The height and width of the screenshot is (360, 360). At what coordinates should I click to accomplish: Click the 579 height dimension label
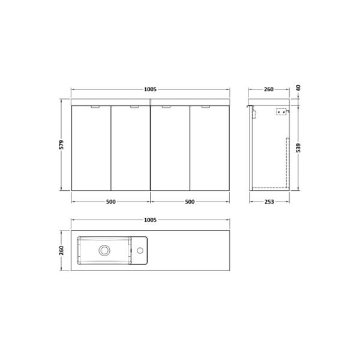click(x=61, y=145)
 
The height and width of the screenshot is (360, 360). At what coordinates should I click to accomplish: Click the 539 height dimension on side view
click(x=298, y=148)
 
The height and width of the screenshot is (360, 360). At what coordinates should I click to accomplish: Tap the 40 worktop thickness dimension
click(x=298, y=88)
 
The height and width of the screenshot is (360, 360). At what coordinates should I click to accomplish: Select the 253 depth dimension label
click(x=269, y=202)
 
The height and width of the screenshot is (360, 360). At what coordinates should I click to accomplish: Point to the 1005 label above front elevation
click(x=150, y=89)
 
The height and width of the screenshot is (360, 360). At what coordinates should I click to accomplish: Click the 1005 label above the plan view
click(x=150, y=220)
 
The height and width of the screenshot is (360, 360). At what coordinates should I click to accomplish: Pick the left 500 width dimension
click(x=110, y=202)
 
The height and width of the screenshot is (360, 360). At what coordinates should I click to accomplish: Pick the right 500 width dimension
click(x=190, y=202)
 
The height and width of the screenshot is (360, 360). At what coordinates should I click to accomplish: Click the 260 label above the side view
click(x=269, y=89)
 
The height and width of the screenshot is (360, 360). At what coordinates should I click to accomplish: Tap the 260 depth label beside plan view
click(x=61, y=250)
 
